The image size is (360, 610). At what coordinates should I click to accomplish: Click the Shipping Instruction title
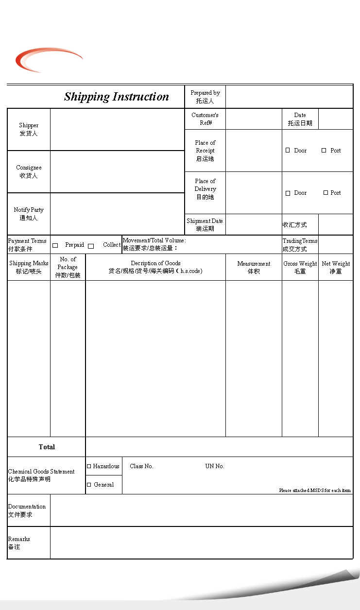tap(117, 97)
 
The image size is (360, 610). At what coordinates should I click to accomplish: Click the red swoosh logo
tap(46, 60)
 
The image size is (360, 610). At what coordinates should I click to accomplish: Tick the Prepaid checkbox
tap(55, 246)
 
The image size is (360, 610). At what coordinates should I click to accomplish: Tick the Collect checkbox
tap(91, 246)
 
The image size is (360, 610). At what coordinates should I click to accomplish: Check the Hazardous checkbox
tap(89, 466)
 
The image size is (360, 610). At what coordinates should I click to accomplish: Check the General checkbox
tap(89, 485)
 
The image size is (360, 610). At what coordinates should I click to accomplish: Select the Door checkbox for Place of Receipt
tap(288, 151)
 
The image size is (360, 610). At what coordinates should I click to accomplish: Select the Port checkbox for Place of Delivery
tap(326, 193)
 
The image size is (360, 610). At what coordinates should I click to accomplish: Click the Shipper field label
tap(29, 129)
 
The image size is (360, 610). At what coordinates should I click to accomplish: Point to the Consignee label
tap(29, 171)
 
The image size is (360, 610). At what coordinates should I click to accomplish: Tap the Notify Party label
tap(29, 214)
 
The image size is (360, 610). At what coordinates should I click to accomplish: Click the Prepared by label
tap(205, 97)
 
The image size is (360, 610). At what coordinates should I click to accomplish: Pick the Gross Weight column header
tap(300, 267)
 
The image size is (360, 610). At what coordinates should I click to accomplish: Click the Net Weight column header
tap(336, 267)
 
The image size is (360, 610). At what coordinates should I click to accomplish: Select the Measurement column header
tap(254, 267)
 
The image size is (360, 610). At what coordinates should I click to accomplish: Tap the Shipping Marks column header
tap(29, 267)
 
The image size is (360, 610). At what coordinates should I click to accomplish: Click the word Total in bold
tap(47, 447)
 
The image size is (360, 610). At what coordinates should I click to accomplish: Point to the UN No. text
tap(215, 466)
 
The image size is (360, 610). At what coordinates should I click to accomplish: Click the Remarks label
tap(19, 542)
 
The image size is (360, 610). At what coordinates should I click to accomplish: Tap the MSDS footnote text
tap(315, 491)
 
